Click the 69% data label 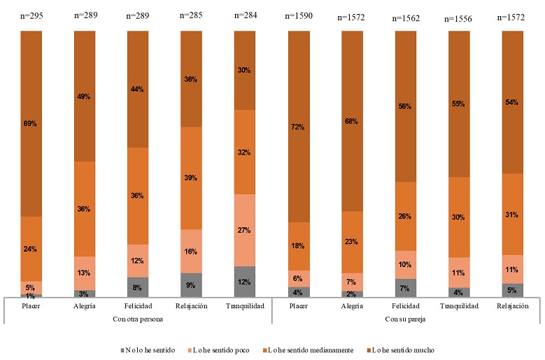[30, 124]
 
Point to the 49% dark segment [84, 96]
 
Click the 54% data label [513, 102]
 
